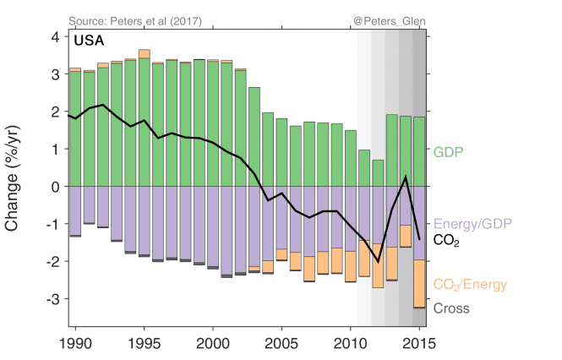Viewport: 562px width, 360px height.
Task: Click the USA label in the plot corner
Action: coord(90,40)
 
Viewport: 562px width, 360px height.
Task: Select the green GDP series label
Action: coord(450,153)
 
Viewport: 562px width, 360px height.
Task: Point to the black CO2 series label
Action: coord(447,240)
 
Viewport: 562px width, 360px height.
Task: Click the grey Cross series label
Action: coord(451,308)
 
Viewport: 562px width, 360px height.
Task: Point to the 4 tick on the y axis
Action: coord(55,37)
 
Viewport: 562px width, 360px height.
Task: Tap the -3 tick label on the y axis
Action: coord(52,299)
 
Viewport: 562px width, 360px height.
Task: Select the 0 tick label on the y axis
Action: coord(55,187)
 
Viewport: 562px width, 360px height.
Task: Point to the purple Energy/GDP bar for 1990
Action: coord(75,210)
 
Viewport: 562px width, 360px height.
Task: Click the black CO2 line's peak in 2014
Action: coord(406,176)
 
